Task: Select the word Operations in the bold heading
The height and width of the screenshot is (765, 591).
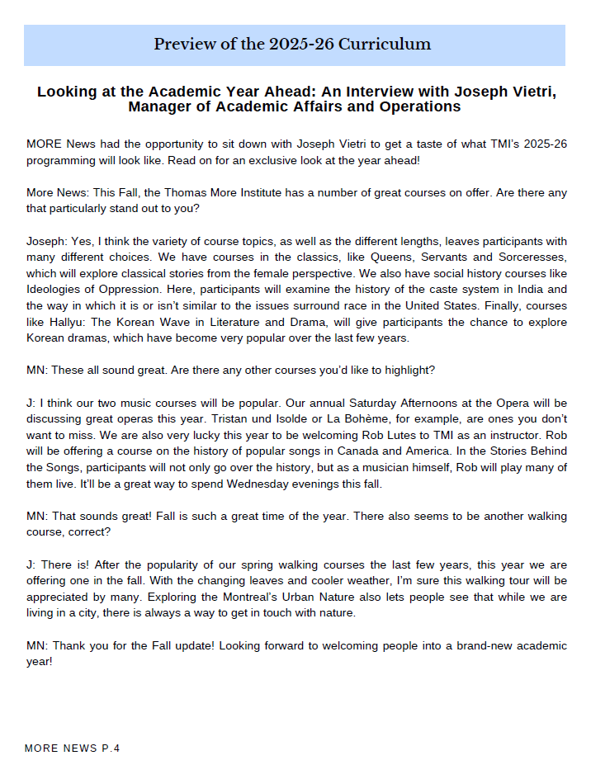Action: pos(418,106)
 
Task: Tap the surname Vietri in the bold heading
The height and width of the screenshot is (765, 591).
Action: pos(529,91)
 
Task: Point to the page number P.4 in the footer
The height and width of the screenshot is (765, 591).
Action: pos(111,748)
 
